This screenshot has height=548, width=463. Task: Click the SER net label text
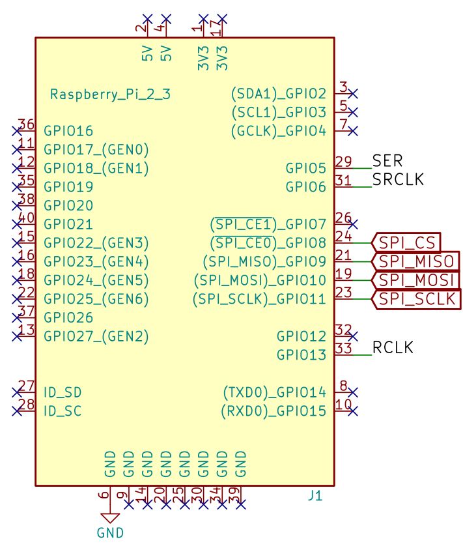(x=387, y=160)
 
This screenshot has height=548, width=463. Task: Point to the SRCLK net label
(x=398, y=179)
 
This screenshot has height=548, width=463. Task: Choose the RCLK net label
(x=393, y=348)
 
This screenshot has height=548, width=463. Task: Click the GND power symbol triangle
(x=110, y=518)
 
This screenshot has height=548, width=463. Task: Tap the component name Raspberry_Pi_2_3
(x=110, y=94)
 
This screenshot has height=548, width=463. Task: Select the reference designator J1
(x=315, y=496)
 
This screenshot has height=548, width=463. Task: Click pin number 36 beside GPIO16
(x=26, y=124)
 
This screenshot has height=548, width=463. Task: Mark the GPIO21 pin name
(x=68, y=224)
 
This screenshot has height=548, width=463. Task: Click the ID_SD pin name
(x=63, y=393)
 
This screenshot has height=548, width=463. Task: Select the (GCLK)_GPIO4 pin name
(x=278, y=131)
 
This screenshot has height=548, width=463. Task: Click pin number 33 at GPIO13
(x=344, y=349)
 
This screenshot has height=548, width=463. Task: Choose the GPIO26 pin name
(x=68, y=318)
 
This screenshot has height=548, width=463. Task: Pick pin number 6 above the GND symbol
(x=104, y=495)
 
